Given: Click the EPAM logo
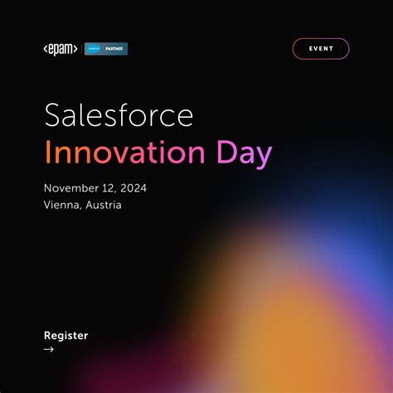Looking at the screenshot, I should (x=61, y=49).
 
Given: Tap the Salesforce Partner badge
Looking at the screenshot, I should (x=107, y=49).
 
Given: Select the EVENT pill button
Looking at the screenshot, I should (x=321, y=49).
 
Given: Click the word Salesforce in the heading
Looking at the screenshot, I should (x=119, y=117).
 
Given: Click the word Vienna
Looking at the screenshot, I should (x=62, y=205).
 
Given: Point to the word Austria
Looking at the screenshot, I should (x=104, y=205).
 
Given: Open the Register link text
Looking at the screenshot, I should (x=65, y=336).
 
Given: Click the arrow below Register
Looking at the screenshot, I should (x=49, y=349).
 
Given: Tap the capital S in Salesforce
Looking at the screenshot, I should (x=52, y=117).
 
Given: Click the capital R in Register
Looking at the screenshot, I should (x=47, y=336).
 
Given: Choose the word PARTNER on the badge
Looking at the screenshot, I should (x=114, y=49).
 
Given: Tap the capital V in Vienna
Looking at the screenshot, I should (x=47, y=205).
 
